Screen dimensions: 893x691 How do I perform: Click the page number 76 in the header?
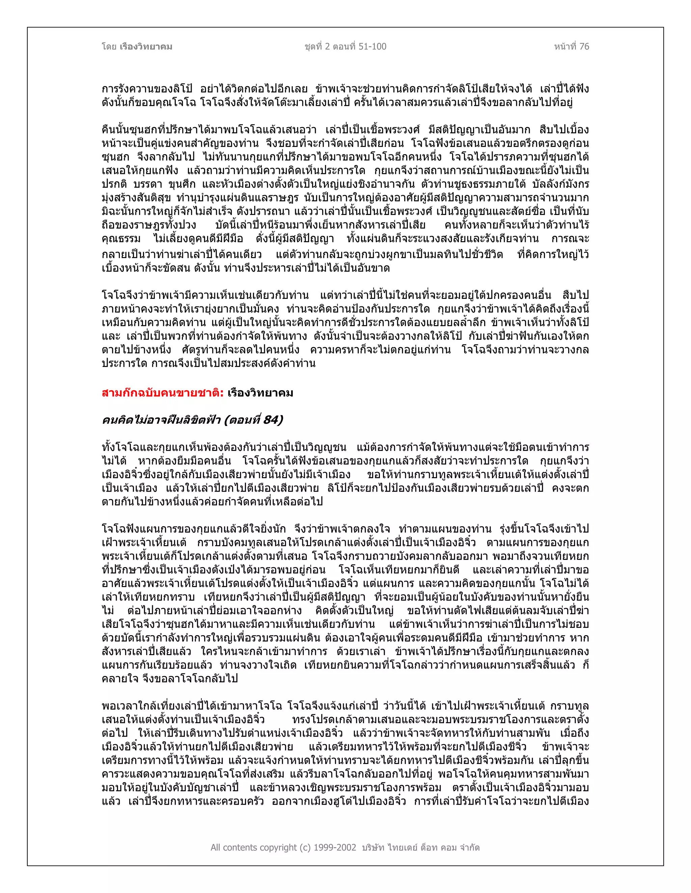584,47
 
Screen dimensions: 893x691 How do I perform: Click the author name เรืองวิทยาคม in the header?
146,47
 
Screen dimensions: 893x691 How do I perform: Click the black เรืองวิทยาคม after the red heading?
260,393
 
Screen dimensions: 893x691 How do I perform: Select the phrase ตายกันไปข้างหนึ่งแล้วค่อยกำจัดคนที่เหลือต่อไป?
212,502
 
